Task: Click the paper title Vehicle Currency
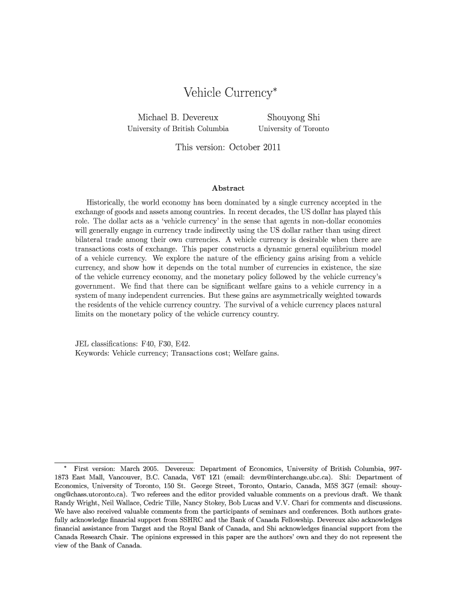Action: [x=228, y=93]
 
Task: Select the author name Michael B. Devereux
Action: [x=178, y=117]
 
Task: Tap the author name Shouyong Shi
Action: [x=293, y=117]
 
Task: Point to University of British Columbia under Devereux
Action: [x=178, y=129]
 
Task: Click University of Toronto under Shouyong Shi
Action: [x=293, y=129]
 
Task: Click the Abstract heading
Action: [x=228, y=188]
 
